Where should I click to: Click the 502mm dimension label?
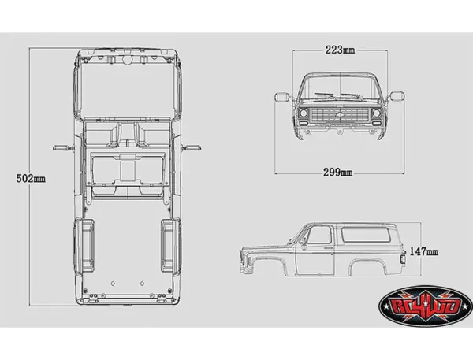31,179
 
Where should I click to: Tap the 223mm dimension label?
339,50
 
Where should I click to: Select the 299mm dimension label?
338,173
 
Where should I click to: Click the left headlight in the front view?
303,115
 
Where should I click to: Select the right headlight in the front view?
376,115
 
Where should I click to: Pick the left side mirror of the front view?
280,97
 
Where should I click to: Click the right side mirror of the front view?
397,97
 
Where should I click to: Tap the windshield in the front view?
339,87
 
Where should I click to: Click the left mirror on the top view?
60,147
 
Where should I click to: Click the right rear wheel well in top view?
167,243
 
